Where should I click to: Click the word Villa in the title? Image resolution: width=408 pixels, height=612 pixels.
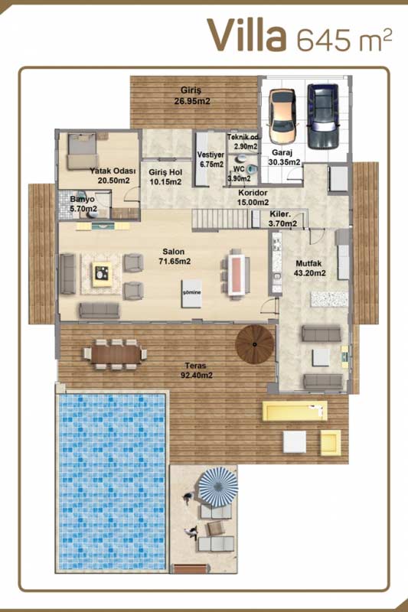(x=246, y=35)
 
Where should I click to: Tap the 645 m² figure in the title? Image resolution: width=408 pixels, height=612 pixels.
(x=344, y=40)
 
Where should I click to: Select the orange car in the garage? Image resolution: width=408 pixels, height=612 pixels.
(x=282, y=117)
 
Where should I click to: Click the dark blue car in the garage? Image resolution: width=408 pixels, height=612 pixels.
(x=322, y=116)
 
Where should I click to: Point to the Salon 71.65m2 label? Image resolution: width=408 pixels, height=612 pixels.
(x=175, y=257)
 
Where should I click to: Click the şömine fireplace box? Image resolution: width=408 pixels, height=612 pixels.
(x=191, y=293)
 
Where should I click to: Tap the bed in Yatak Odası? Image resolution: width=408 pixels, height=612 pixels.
(x=82, y=151)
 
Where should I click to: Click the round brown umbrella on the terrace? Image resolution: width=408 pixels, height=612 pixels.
(x=255, y=344)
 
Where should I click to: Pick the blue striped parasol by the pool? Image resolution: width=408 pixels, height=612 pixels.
(x=218, y=487)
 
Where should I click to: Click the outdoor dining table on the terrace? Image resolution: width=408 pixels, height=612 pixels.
(x=116, y=354)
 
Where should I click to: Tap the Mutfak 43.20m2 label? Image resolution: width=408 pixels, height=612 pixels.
(x=309, y=269)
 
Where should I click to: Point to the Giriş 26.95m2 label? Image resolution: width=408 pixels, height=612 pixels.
(x=191, y=96)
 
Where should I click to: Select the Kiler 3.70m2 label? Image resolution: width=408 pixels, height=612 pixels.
(x=283, y=219)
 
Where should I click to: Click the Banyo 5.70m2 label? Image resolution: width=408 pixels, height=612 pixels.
(x=83, y=204)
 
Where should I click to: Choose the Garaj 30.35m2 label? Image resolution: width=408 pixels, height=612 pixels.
(x=284, y=158)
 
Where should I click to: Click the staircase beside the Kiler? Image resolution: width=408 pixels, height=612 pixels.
(x=220, y=220)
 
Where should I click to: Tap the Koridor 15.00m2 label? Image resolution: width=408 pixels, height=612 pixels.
(x=253, y=197)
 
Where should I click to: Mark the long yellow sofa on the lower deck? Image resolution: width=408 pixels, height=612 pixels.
(x=295, y=410)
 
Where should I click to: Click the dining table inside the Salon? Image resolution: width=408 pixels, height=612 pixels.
(x=236, y=275)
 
